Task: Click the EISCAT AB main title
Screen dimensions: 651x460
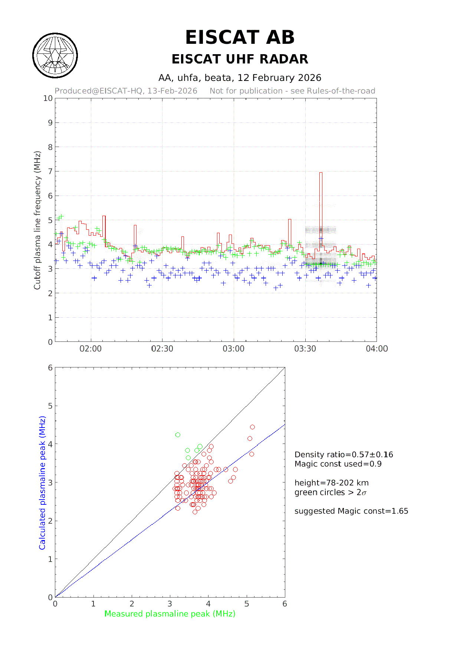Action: pyautogui.click(x=240, y=37)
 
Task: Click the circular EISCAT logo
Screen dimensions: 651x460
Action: pyautogui.click(x=55, y=56)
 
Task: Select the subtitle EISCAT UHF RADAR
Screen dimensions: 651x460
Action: pyautogui.click(x=240, y=59)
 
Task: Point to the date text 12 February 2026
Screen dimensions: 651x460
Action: pyautogui.click(x=279, y=78)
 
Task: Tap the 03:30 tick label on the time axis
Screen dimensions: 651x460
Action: pyautogui.click(x=305, y=349)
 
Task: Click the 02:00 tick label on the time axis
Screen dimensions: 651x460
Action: pyautogui.click(x=91, y=349)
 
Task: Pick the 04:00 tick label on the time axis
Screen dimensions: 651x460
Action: pyautogui.click(x=377, y=349)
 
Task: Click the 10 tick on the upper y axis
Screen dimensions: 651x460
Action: pyautogui.click(x=48, y=98)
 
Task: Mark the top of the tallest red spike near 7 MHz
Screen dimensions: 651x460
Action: pyautogui.click(x=321, y=173)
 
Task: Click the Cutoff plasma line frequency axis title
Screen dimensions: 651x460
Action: pyautogui.click(x=37, y=220)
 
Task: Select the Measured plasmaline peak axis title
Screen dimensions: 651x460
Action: pyautogui.click(x=170, y=614)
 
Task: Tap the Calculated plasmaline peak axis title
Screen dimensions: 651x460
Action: pyautogui.click(x=42, y=482)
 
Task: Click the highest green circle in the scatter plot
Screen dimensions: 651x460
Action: pyautogui.click(x=178, y=435)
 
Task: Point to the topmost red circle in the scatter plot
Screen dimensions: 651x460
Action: pyautogui.click(x=253, y=427)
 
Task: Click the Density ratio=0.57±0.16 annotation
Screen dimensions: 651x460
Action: pyautogui.click(x=344, y=455)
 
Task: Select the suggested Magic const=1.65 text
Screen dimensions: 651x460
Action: pyautogui.click(x=351, y=511)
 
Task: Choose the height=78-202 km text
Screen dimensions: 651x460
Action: pyautogui.click(x=332, y=483)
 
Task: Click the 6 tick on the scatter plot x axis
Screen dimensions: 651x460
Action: pyautogui.click(x=285, y=604)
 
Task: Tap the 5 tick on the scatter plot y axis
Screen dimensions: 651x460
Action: pyautogui.click(x=50, y=406)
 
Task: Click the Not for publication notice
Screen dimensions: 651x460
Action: pyautogui.click(x=292, y=91)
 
